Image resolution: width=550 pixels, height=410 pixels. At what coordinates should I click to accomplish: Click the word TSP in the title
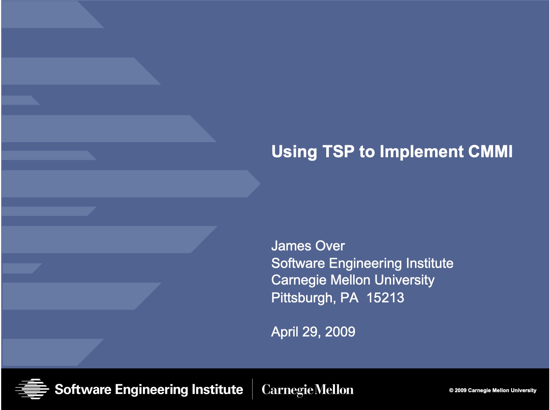coord(338,152)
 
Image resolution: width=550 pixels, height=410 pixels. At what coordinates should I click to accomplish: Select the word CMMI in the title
coord(490,152)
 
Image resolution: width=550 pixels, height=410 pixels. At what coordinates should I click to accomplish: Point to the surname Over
coord(330,246)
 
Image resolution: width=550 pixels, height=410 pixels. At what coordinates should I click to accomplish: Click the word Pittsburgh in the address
coord(303,298)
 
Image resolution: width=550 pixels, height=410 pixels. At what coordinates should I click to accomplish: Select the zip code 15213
coord(385,297)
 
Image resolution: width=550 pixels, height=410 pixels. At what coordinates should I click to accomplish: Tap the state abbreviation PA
coord(349,297)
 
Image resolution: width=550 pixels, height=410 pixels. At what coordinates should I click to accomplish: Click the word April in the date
coord(284,332)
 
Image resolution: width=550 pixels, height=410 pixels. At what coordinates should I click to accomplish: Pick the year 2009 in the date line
coord(340,332)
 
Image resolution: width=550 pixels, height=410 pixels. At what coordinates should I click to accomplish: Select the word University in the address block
coord(404,280)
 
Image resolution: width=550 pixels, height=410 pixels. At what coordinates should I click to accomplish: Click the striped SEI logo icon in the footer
coord(32,389)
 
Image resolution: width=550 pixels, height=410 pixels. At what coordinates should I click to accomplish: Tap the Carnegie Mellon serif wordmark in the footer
coord(308,390)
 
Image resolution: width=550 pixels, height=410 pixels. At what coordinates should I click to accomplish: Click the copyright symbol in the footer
coord(451,390)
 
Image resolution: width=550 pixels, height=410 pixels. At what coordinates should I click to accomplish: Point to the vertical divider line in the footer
coord(252,389)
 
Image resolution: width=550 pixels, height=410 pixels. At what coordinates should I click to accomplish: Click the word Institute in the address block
coord(429,263)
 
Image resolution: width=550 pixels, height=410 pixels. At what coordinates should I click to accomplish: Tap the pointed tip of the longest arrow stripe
coord(260,184)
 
